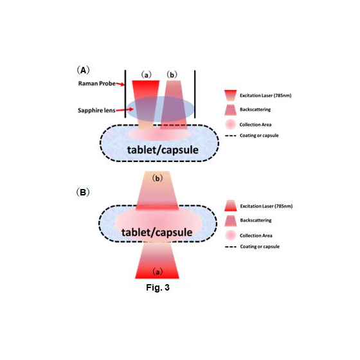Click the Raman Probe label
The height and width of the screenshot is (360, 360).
click(95, 84)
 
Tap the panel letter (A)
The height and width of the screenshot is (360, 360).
click(82, 69)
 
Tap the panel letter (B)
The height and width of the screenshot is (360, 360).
click(82, 192)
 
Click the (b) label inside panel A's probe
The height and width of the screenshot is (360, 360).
click(172, 75)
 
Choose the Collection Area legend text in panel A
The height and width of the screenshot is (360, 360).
click(259, 124)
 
